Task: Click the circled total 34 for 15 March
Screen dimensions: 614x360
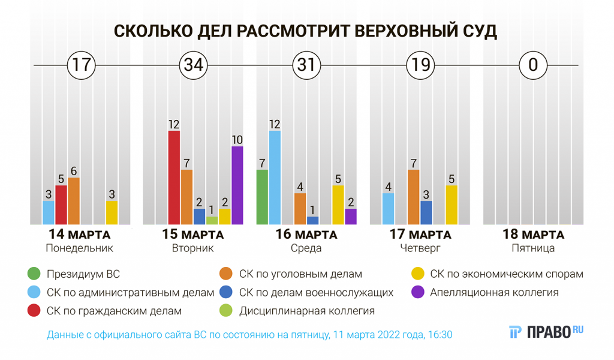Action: tap(194, 65)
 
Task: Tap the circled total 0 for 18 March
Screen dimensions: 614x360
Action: tap(533, 65)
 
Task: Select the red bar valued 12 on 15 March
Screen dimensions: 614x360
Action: tap(174, 178)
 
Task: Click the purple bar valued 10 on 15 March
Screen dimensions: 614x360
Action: tap(237, 185)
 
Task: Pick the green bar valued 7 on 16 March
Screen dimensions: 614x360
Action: tap(263, 197)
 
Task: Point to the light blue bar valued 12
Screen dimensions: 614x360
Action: tap(275, 178)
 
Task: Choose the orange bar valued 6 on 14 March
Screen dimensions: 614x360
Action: tap(74, 201)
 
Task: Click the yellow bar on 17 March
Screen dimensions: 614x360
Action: tap(452, 205)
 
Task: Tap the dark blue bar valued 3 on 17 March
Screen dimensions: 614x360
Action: tap(426, 213)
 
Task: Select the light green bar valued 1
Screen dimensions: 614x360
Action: tap(212, 221)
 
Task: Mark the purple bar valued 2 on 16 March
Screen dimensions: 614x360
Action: tap(351, 217)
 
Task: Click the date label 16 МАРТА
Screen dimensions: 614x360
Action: tap(306, 234)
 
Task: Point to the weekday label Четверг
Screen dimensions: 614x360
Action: tap(420, 248)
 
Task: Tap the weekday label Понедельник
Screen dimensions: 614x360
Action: tap(80, 248)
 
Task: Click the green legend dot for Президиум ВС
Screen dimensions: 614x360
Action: tap(34, 274)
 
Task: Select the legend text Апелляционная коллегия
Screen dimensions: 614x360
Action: tap(494, 292)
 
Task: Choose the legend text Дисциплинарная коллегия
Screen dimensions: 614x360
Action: tap(307, 311)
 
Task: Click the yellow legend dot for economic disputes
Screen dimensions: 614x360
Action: tap(418, 274)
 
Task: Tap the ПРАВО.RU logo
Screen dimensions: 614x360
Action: tap(546, 332)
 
